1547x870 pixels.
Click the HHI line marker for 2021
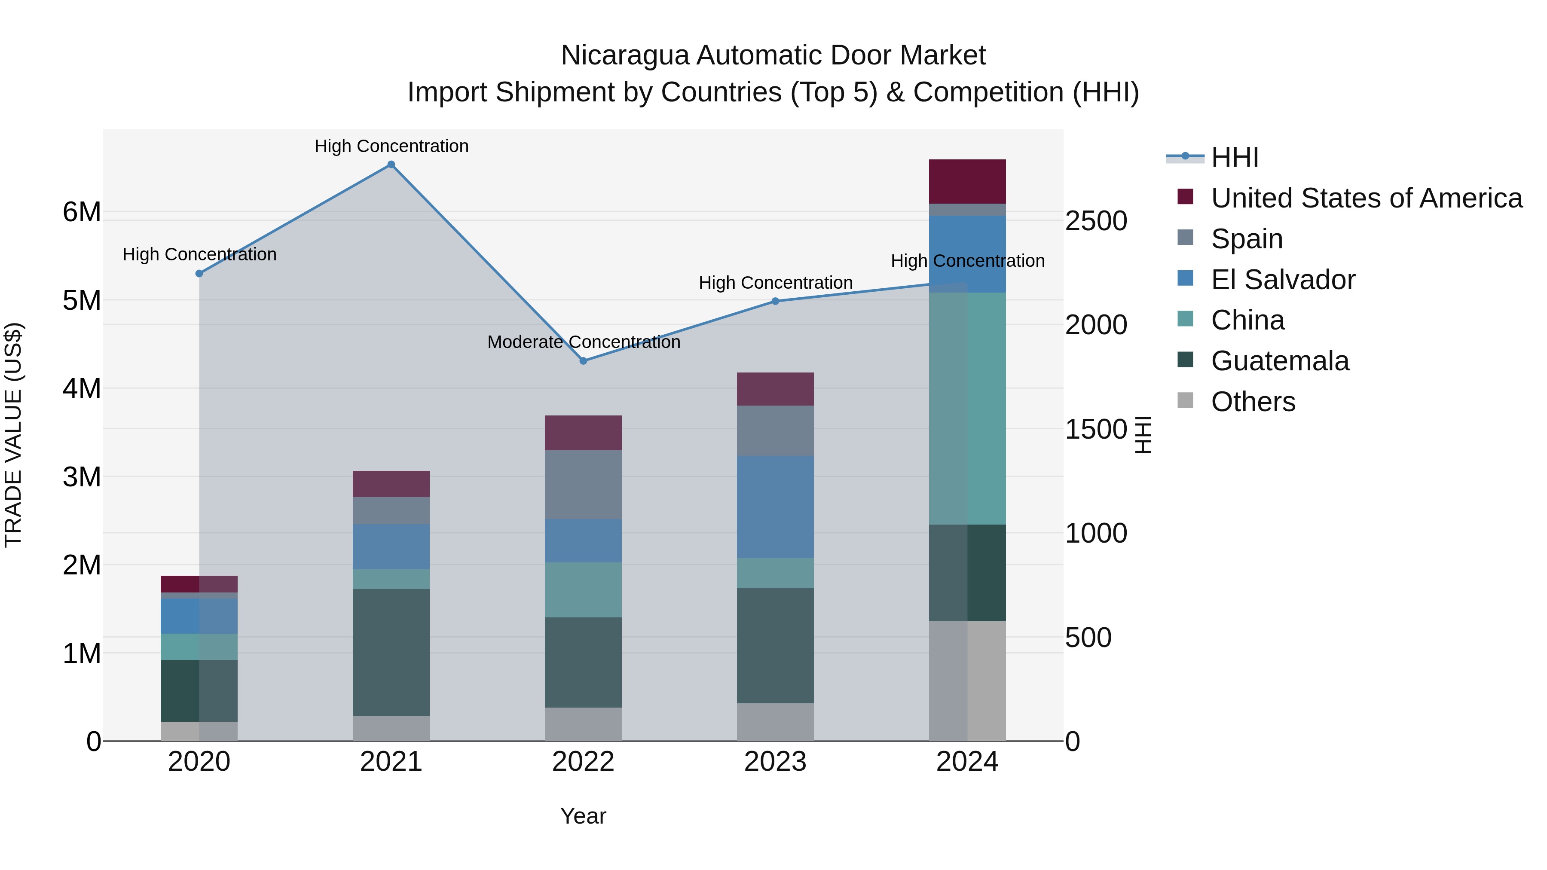point(391,165)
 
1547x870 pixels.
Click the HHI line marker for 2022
point(583,361)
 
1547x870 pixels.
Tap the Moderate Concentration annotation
point(583,342)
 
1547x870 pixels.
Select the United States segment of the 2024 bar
point(967,181)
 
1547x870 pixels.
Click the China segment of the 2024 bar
point(967,408)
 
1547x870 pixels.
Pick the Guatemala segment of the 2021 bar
point(391,652)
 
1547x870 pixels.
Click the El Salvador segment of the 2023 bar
point(775,507)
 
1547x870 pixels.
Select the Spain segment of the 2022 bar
point(583,485)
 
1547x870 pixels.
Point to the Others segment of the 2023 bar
point(775,722)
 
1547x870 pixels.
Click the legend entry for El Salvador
point(1283,280)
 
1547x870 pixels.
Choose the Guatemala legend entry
point(1279,361)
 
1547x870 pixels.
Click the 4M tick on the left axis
point(82,388)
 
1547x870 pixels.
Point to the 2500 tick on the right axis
point(1096,221)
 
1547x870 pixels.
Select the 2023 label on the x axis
point(775,762)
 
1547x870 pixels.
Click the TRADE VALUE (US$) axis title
point(13,435)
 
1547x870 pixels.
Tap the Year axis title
point(583,816)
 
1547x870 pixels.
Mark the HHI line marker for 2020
point(199,273)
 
